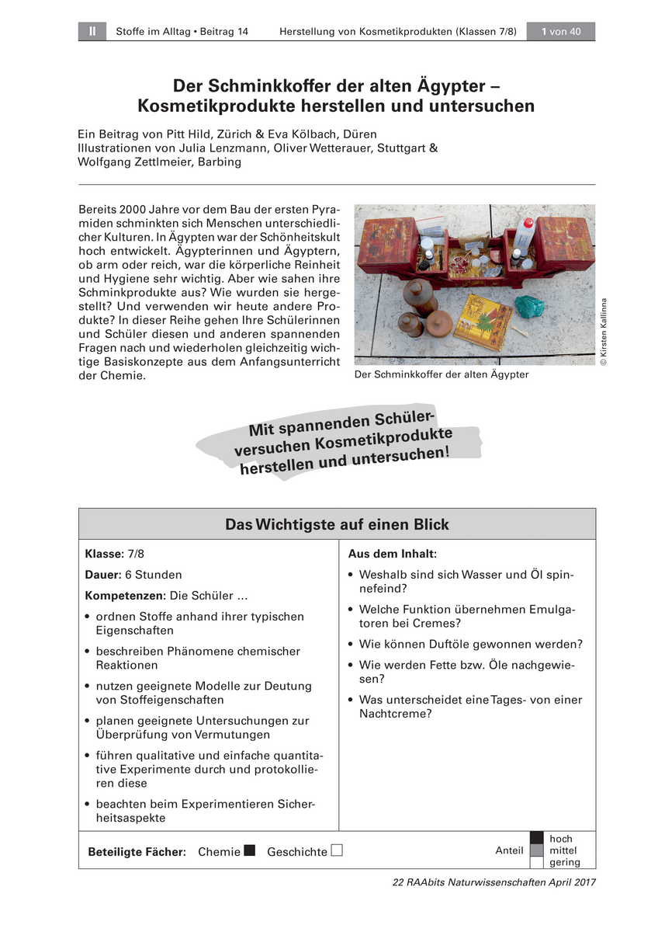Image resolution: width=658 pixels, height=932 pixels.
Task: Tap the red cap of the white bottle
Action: [527, 222]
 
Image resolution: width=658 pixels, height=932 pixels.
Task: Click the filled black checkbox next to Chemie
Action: [250, 850]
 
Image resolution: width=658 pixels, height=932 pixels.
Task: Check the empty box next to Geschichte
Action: [337, 850]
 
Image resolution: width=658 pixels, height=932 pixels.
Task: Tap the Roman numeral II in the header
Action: [92, 31]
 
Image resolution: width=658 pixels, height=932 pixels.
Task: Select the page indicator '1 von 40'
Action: [561, 31]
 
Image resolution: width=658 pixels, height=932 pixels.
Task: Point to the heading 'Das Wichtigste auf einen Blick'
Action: [337, 524]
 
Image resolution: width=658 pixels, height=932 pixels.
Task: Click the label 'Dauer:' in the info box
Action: [103, 575]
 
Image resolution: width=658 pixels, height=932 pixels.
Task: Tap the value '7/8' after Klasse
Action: [136, 554]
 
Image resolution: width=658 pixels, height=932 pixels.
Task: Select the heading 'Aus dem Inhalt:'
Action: [392, 554]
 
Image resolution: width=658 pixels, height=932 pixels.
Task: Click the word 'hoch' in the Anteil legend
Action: [560, 839]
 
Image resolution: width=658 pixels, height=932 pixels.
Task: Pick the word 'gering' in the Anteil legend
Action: [564, 862]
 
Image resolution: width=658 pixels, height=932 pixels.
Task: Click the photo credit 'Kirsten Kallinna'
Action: [604, 330]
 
